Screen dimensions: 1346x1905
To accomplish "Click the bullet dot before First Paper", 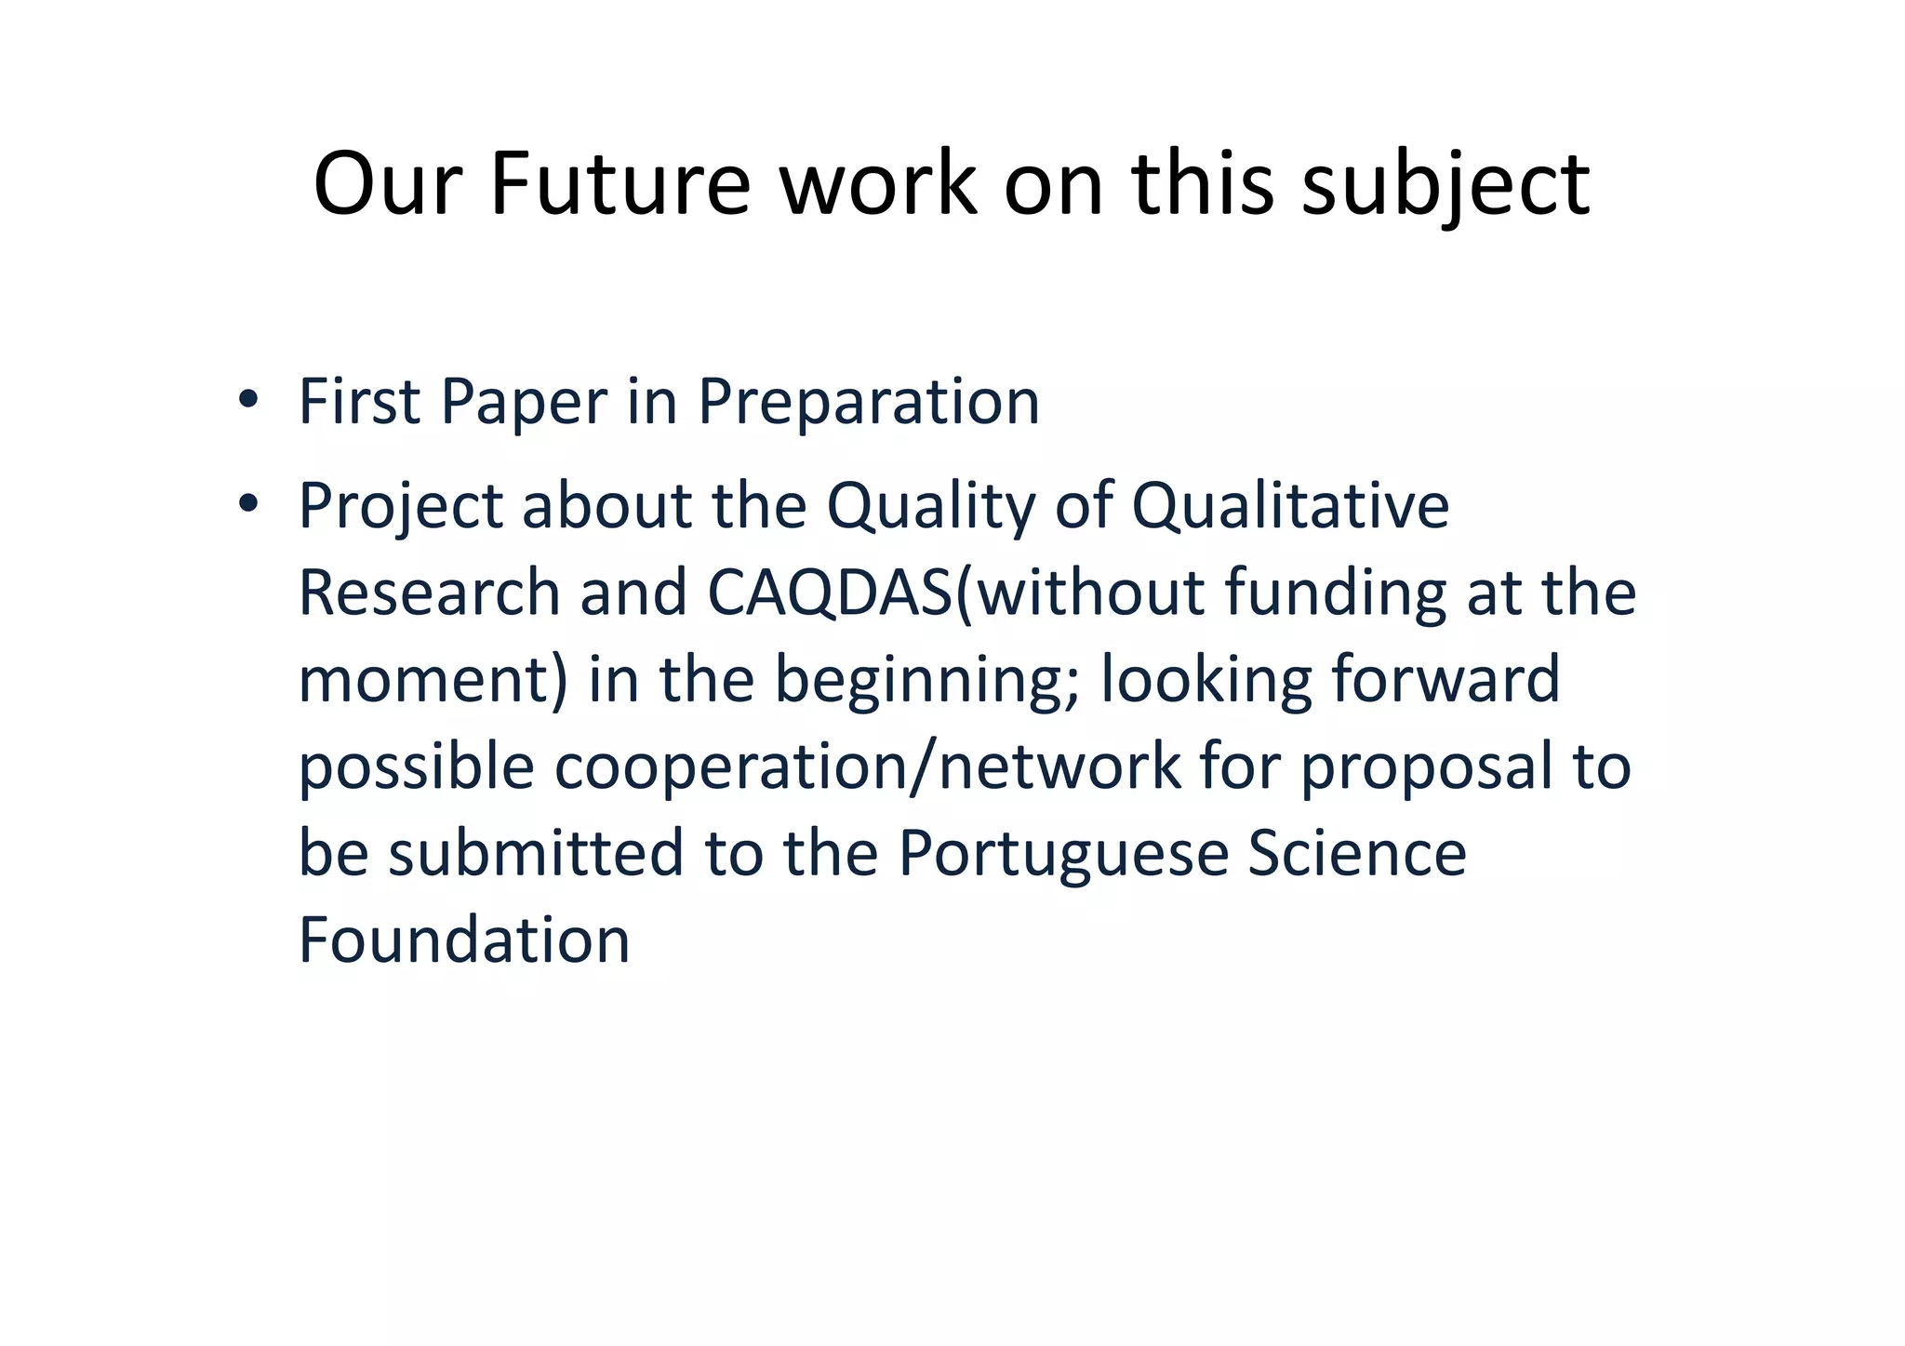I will click(247, 400).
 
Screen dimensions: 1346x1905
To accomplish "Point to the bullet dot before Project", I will click(247, 504).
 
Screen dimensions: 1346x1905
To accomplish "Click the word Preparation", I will click(869, 402).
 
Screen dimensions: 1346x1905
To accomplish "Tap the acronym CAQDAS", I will click(830, 593).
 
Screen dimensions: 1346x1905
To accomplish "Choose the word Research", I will click(428, 593).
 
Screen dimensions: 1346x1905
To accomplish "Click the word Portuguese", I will click(1063, 854).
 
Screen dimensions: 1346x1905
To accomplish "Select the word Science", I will click(1356, 852).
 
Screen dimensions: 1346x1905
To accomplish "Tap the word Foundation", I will click(464, 940).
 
